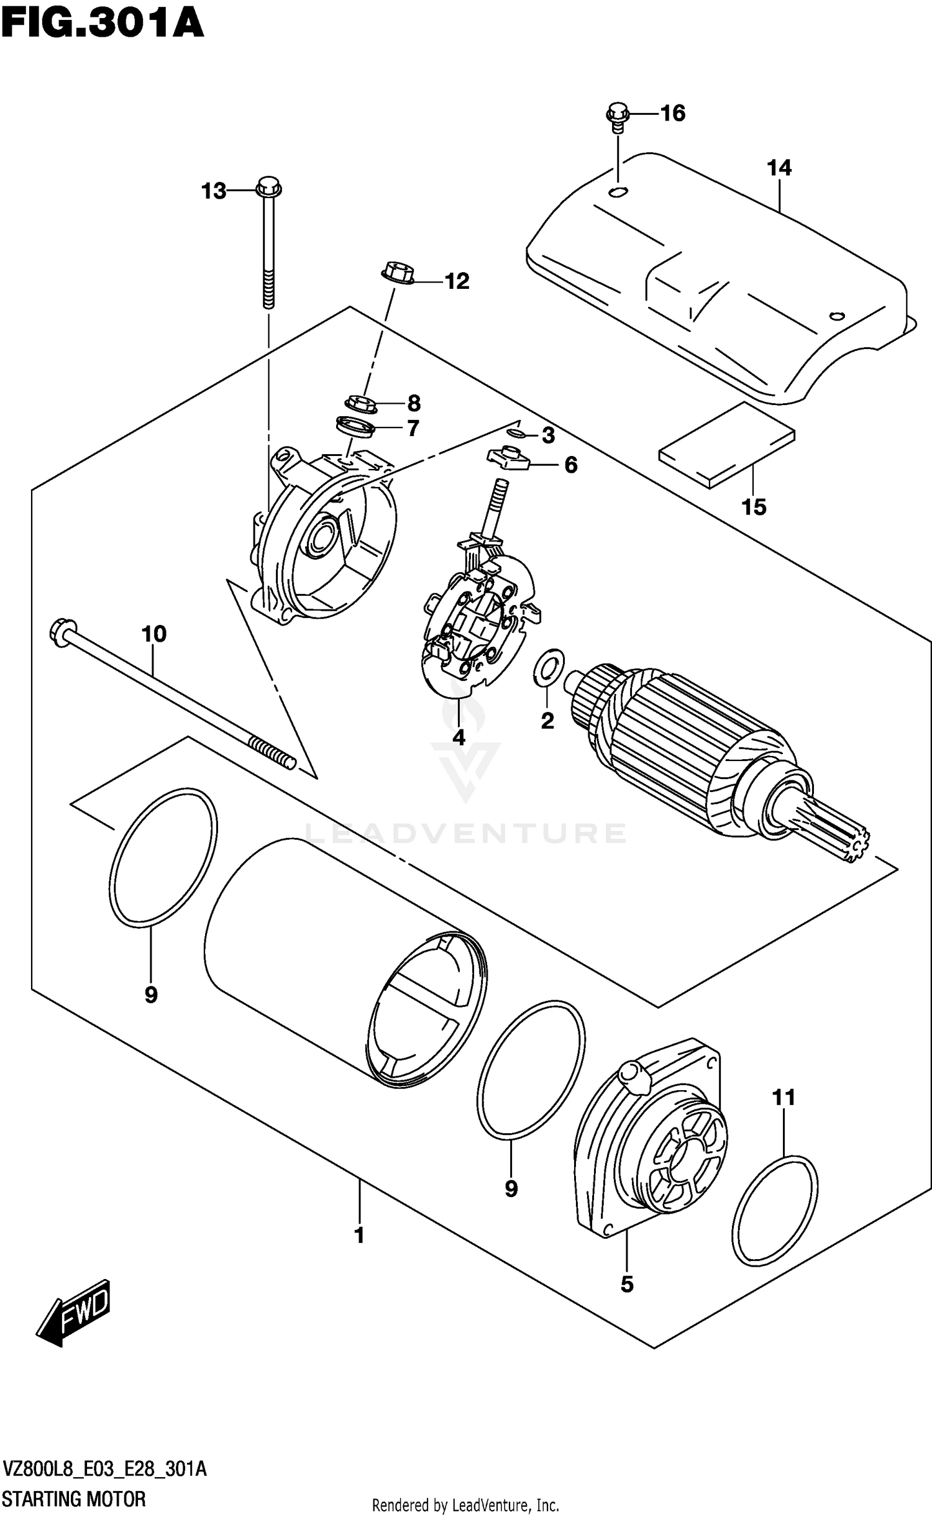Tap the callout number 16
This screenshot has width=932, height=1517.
(672, 113)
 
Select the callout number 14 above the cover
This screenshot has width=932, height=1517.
(779, 168)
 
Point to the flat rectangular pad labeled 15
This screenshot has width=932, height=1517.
(726, 445)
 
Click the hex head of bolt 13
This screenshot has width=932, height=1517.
(268, 184)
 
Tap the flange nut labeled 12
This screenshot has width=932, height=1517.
(394, 274)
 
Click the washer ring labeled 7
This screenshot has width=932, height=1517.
(355, 427)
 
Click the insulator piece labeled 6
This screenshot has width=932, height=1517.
(508, 460)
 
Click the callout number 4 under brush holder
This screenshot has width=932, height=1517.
(459, 737)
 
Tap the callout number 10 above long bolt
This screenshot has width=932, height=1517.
(154, 634)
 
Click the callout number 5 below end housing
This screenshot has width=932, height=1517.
(627, 1284)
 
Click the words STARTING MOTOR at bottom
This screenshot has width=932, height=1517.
(74, 1498)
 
